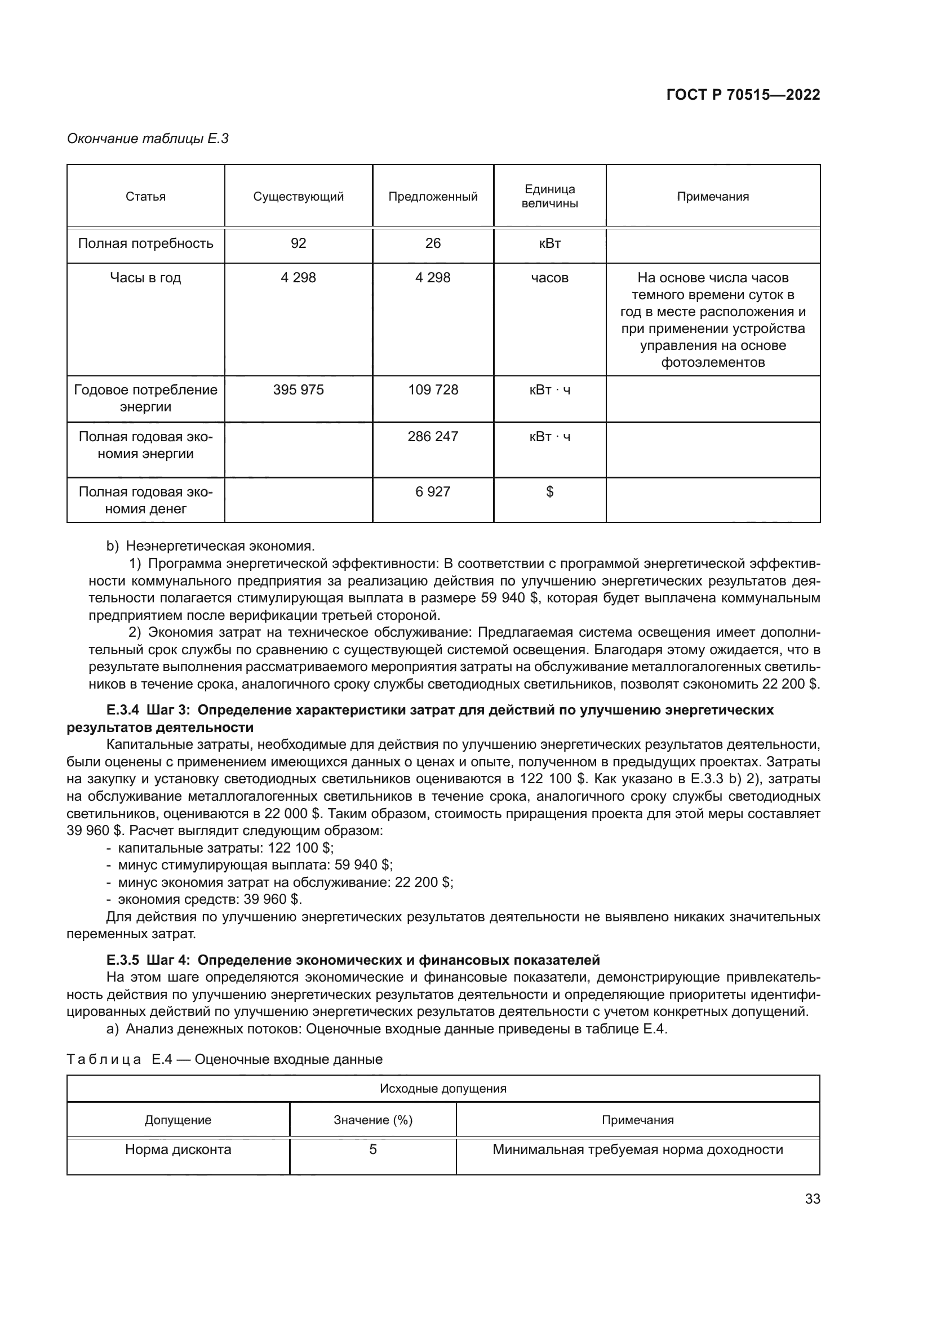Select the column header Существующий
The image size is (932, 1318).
(299, 197)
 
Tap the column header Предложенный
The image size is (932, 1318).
(433, 197)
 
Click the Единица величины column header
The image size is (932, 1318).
(549, 196)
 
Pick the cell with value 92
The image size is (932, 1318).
(299, 243)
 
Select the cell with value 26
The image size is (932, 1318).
(433, 243)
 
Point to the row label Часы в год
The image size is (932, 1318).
(145, 278)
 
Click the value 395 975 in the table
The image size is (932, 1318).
(299, 390)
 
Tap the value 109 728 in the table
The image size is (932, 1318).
(433, 390)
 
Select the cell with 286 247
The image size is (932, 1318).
(433, 436)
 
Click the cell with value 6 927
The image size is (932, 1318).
(433, 491)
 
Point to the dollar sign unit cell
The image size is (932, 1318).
(549, 491)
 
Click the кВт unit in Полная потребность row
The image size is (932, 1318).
(549, 243)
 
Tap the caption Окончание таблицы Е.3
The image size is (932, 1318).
(148, 139)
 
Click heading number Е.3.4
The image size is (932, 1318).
(123, 710)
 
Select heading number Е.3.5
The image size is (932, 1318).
(123, 960)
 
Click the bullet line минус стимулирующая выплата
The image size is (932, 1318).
(255, 865)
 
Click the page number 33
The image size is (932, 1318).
(812, 1199)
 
